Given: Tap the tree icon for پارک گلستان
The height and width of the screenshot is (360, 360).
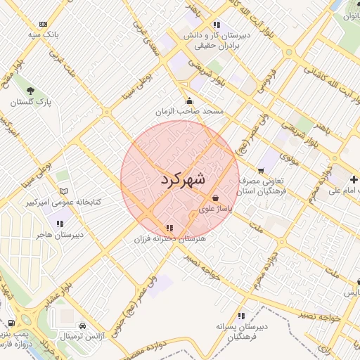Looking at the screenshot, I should click(x=30, y=91).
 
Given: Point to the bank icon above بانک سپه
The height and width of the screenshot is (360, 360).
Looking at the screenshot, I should click(x=44, y=23).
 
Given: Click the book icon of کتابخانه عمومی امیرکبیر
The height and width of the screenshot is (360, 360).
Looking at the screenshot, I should click(x=63, y=191).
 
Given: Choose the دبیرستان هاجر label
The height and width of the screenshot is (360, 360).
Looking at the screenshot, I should click(x=60, y=233).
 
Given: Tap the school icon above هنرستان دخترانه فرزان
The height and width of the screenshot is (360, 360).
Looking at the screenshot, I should click(x=169, y=228).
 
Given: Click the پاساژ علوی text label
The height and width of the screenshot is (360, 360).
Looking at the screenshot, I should click(x=214, y=209).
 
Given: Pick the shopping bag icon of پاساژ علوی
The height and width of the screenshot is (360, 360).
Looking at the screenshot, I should click(x=214, y=198).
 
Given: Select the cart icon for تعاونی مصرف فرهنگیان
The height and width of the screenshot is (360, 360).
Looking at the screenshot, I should click(x=261, y=170).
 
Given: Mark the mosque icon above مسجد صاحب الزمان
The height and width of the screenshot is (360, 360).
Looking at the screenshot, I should click(x=189, y=101).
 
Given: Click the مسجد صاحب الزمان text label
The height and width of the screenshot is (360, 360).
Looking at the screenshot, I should click(x=189, y=112).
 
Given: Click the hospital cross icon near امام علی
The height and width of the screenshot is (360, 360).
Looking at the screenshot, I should click(x=355, y=179).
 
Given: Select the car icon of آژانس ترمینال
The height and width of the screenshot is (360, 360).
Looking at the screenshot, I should click(x=83, y=326).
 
